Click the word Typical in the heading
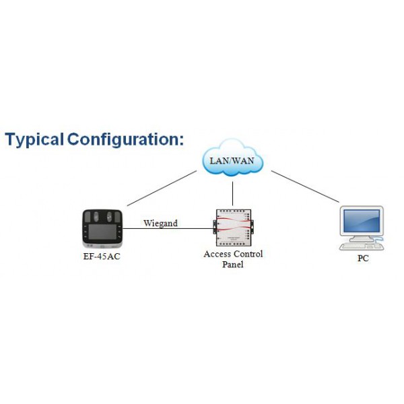pos(34,140)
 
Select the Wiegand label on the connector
pos(160,223)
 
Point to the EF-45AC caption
pos(102,257)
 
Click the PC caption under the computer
pos(362,258)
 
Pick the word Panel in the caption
pos(233,265)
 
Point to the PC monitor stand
pos(361,238)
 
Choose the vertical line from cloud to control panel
pos(232,191)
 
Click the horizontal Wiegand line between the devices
pos(168,229)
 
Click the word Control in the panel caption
pos(247,254)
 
